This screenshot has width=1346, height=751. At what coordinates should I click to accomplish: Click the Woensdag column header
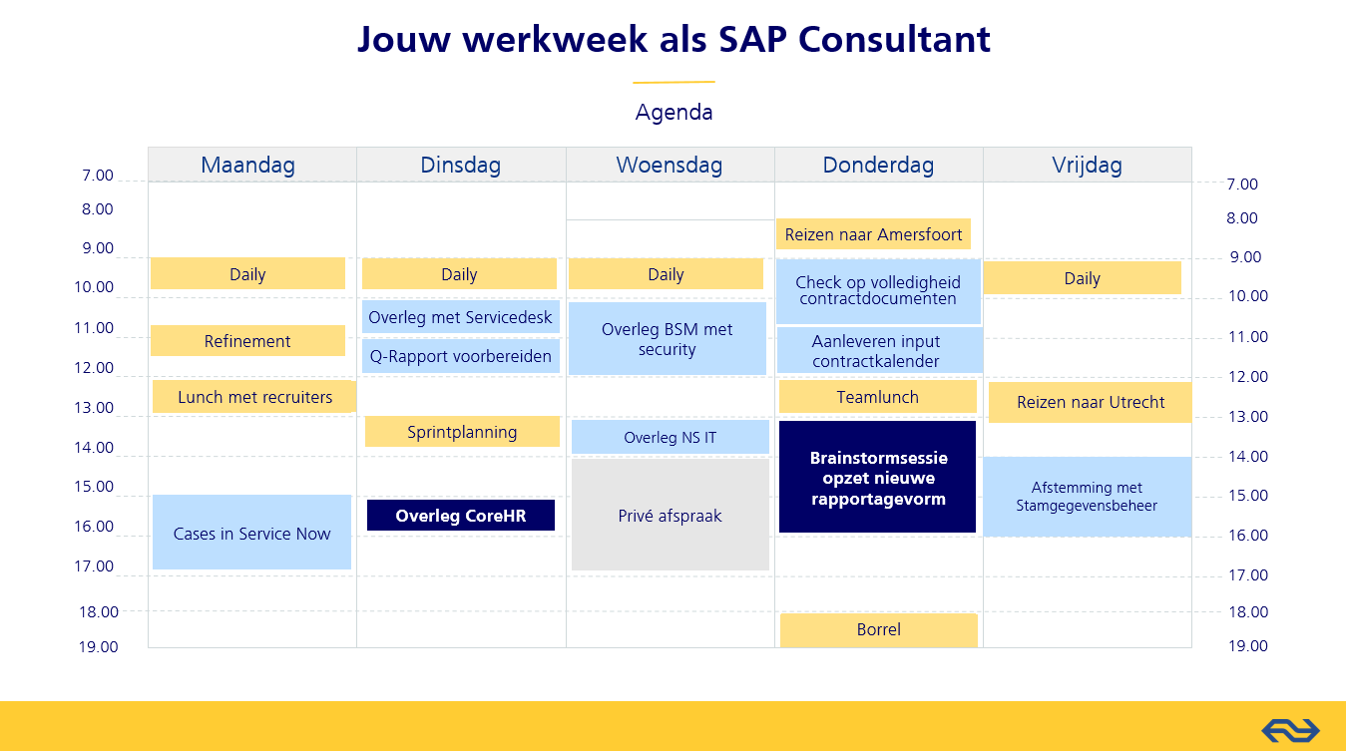click(670, 165)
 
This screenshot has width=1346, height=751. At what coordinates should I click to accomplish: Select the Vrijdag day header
click(1087, 165)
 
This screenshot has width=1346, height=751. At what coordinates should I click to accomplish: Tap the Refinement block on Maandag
click(247, 341)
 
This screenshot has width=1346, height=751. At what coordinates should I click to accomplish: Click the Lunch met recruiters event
click(254, 397)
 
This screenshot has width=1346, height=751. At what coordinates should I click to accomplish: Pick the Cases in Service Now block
click(251, 533)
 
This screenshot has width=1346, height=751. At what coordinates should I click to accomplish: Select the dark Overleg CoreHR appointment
click(461, 516)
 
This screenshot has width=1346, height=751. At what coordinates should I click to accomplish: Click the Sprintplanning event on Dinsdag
click(462, 432)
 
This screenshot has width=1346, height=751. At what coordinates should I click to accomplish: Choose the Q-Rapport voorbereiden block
click(461, 356)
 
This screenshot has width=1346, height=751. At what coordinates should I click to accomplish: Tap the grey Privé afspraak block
click(670, 515)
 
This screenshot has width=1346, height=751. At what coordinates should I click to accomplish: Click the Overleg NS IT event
click(670, 437)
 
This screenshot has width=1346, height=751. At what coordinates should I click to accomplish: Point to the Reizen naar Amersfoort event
click(873, 234)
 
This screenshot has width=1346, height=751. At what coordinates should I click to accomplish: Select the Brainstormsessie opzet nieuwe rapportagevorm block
click(877, 477)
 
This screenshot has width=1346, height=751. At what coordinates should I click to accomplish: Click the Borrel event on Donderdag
click(878, 629)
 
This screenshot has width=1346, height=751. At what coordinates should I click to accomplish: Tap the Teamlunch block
click(877, 397)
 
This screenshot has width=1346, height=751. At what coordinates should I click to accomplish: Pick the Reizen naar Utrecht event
click(1090, 402)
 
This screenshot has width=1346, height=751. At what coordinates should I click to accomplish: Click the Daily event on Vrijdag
click(1083, 278)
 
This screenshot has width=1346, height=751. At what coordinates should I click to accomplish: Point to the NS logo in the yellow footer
click(1290, 730)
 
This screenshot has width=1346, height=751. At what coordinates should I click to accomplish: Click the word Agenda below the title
click(673, 113)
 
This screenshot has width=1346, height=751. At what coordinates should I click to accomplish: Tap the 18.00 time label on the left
click(99, 611)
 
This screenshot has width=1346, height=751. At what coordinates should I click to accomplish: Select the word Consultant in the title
click(894, 40)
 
